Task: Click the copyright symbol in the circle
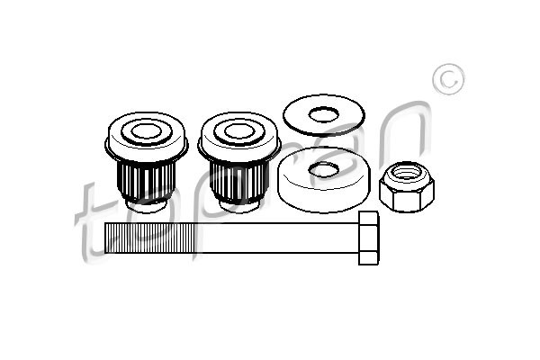coord(448,79)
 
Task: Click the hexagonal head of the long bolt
coord(368,238)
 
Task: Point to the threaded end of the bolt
coord(149,238)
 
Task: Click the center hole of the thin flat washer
coord(323,114)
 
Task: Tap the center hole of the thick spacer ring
coord(323,169)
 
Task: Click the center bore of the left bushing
coord(146,130)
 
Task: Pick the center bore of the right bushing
coord(239,130)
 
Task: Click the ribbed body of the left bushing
coord(146,181)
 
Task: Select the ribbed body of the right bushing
coord(239,181)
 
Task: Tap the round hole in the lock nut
coord(407,171)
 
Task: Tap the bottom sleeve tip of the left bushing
coord(146,206)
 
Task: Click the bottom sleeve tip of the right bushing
coord(239,206)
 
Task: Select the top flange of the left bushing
coord(146,137)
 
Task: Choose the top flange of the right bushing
coord(239,137)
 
